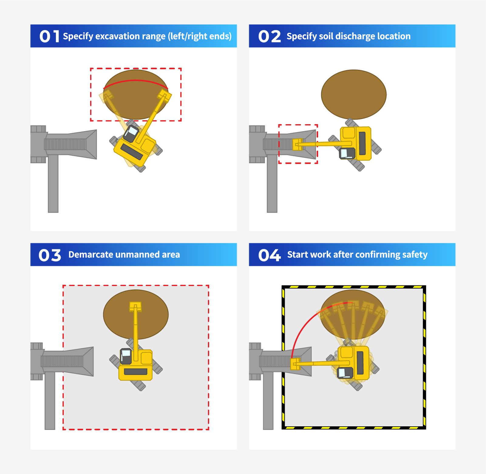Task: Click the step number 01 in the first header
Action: point(49,36)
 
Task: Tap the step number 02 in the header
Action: point(269,36)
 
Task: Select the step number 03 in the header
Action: point(50,255)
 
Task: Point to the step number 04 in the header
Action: point(269,255)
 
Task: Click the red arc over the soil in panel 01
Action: point(136,80)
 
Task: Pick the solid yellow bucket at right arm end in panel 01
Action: point(164,96)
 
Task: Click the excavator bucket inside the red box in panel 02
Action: point(297,144)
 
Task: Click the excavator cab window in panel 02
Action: point(344,153)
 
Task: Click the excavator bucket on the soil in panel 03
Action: point(135,306)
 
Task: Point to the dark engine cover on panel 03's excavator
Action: point(135,371)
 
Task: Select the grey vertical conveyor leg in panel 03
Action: point(50,401)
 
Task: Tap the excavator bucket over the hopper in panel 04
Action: point(295,364)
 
